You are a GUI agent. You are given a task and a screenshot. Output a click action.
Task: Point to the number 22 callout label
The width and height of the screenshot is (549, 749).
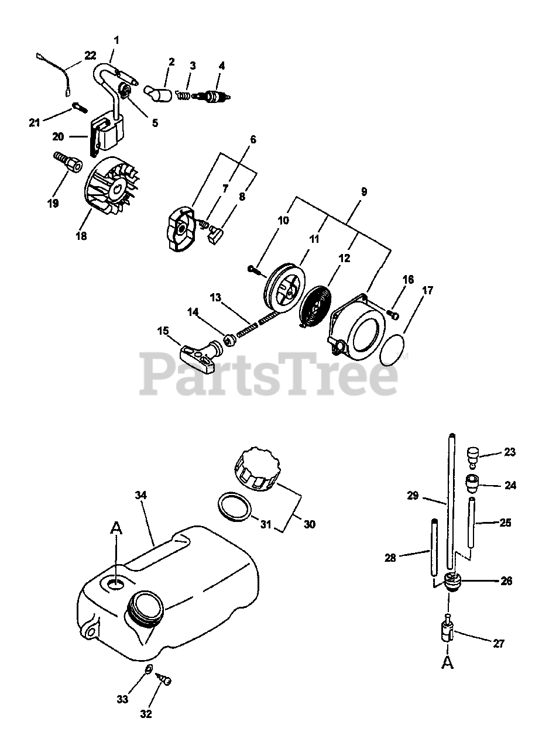[x=90, y=55]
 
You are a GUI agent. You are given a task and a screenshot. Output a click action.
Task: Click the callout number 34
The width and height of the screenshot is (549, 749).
[x=141, y=495]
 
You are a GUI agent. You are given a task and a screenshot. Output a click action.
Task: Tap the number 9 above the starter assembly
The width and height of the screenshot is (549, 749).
[x=364, y=191]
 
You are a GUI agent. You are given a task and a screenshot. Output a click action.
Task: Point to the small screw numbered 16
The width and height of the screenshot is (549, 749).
[x=393, y=315]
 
